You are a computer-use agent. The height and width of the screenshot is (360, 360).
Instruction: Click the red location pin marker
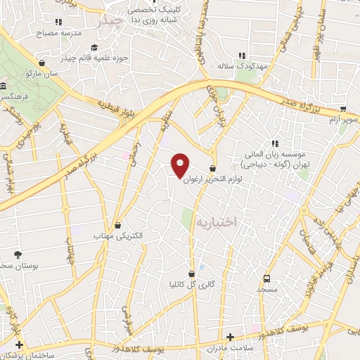tap(181, 165)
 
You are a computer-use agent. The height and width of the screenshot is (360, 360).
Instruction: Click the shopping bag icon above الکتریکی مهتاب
tap(117, 226)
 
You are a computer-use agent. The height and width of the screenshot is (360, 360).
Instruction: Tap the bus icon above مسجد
tap(266, 278)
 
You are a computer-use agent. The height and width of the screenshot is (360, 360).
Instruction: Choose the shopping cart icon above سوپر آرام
tap(342, 109)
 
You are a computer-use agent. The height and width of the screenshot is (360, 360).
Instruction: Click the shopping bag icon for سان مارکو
tap(43, 62)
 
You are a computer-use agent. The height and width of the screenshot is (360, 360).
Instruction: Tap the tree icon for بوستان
tap(18, 254)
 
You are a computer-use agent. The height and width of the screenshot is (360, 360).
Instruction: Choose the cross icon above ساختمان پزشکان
tap(19, 345)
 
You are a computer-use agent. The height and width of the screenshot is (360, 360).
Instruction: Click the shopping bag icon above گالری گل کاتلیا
tap(191, 274)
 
